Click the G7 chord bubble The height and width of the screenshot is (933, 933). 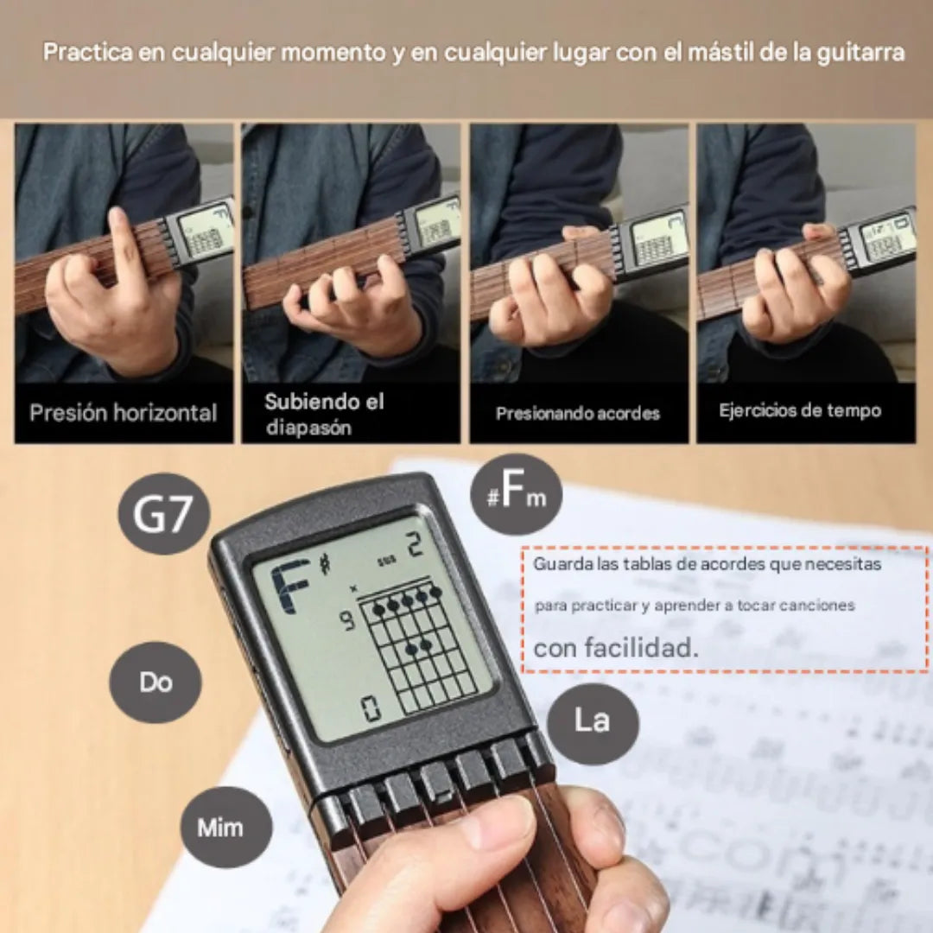pyautogui.click(x=164, y=514)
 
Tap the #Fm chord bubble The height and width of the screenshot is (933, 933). pyautogui.click(x=517, y=495)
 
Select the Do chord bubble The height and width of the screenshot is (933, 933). pyautogui.click(x=155, y=682)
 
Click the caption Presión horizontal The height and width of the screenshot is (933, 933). pyautogui.click(x=124, y=413)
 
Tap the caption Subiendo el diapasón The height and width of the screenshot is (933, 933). pyautogui.click(x=324, y=414)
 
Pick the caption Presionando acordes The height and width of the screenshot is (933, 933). pyautogui.click(x=577, y=414)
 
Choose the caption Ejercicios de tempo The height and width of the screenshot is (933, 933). pyautogui.click(x=800, y=410)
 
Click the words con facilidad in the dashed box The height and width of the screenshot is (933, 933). pyautogui.click(x=615, y=647)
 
